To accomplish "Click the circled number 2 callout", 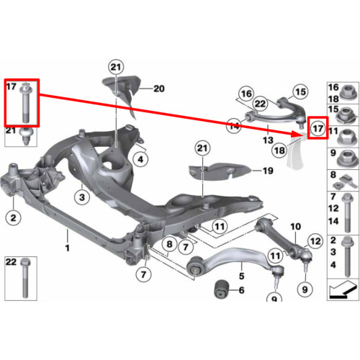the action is coord(14,217).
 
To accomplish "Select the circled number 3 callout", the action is coord(82,197).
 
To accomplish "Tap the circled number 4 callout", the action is coord(140,159).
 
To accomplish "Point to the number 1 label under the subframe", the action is coord(68,248).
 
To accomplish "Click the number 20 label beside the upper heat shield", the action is coord(159,89).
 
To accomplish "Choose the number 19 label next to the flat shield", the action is coord(268,171).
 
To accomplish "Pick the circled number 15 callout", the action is coord(301,91).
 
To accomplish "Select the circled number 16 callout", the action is coord(246,94).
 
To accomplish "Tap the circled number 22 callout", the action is coord(261,104).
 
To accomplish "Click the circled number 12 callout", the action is coord(315,241).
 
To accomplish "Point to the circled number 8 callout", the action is coord(169,244).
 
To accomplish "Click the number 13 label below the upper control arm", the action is coord(268,140).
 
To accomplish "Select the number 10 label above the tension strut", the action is coord(295,226).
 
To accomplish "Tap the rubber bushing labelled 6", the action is coord(222,289).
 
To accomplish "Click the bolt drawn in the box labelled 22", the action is coord(25,278).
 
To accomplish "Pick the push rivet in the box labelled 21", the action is coord(26,136).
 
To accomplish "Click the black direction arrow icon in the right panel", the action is coord(343,290).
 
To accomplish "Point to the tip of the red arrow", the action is coord(301,132).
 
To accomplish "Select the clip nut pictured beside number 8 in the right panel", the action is coord(346,181).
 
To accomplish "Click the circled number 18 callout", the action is coord(279,150).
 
